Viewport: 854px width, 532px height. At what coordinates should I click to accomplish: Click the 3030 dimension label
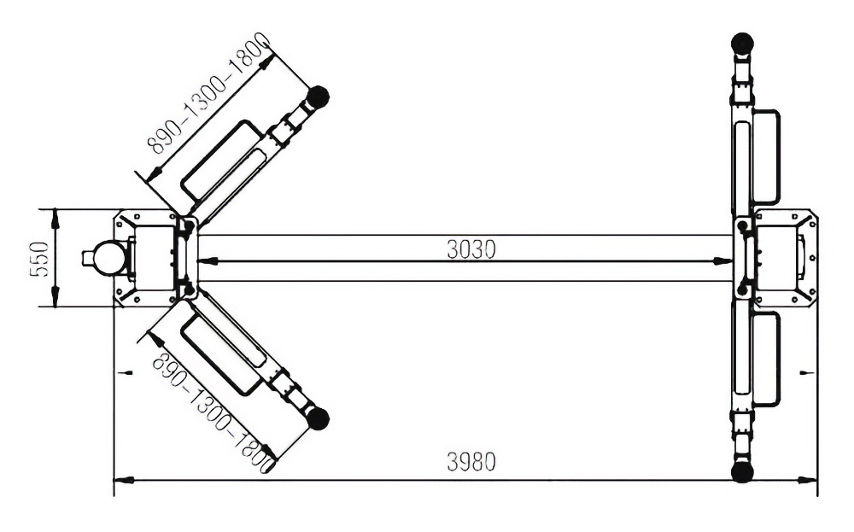(x=471, y=249)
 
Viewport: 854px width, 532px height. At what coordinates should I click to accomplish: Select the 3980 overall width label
(x=471, y=462)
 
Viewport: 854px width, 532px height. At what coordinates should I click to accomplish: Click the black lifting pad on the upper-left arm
(x=318, y=97)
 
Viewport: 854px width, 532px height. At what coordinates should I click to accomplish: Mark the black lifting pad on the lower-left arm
(x=318, y=418)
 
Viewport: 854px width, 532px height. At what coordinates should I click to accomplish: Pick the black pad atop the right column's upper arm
(x=742, y=43)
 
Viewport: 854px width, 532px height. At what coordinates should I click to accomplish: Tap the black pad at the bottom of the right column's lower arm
(x=742, y=471)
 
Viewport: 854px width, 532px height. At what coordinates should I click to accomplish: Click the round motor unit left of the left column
(x=107, y=256)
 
